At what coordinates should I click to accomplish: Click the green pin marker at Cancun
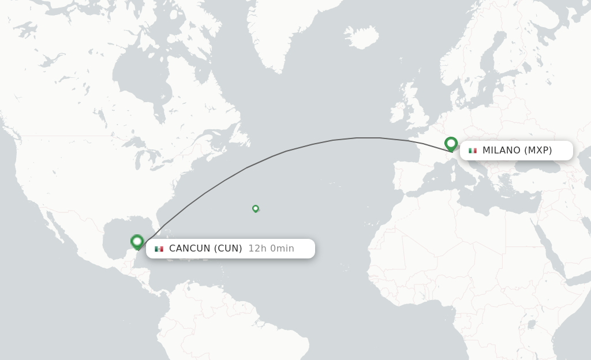pyautogui.click(x=137, y=241)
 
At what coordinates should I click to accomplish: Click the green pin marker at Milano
pyautogui.click(x=451, y=143)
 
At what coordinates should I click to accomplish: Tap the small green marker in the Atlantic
pyautogui.click(x=256, y=208)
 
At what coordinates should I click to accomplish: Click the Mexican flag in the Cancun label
pyautogui.click(x=159, y=249)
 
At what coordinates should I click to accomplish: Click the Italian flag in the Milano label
pyautogui.click(x=473, y=151)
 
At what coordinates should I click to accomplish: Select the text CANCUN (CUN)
pyautogui.click(x=205, y=249)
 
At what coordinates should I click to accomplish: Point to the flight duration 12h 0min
pyautogui.click(x=271, y=249)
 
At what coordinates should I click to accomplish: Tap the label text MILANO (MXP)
pyautogui.click(x=517, y=151)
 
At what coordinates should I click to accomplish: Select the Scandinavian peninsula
pyautogui.click(x=479, y=69)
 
